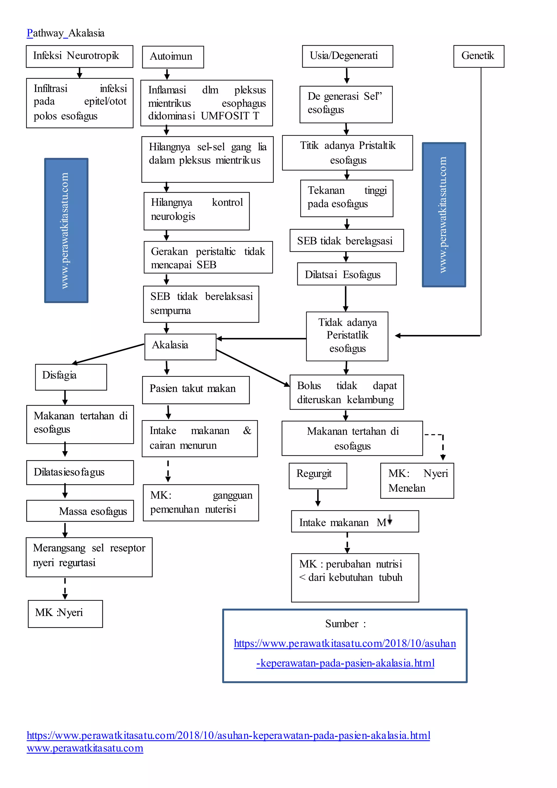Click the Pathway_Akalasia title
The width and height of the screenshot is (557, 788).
pos(66,33)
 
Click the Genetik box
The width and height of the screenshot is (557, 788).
pos(478,56)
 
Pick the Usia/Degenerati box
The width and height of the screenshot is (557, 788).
pos(347,56)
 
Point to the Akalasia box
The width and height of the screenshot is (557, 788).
pos(180,347)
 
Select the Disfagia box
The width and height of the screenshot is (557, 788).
pos(71,377)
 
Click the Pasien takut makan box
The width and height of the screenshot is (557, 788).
pos(196,390)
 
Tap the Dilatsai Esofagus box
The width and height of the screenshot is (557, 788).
pos(346,274)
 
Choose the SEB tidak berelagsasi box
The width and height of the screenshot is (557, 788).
pos(346,240)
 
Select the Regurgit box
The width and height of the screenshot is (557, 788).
pos(318,476)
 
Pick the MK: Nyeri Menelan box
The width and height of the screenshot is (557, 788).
pos(417,481)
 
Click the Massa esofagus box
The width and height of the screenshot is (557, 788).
pos(80,511)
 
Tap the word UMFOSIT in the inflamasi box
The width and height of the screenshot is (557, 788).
pos(225,116)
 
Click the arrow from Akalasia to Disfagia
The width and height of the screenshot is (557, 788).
pos(108,353)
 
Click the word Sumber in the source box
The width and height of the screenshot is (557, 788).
pos(342,624)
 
